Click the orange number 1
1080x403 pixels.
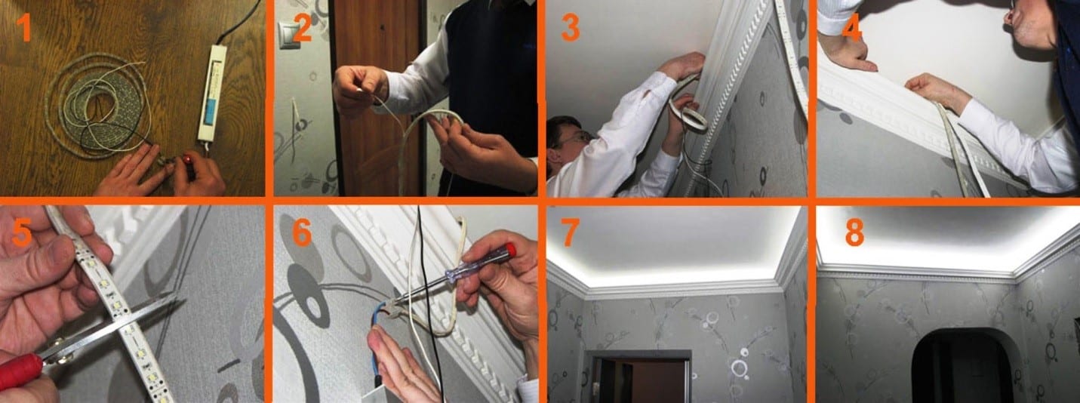click(x=23, y=27)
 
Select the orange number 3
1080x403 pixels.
click(x=571, y=27)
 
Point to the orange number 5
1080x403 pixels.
click(x=22, y=233)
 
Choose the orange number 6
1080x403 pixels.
click(x=303, y=233)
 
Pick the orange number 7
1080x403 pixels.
click(x=570, y=233)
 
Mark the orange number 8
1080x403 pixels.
click(x=854, y=233)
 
